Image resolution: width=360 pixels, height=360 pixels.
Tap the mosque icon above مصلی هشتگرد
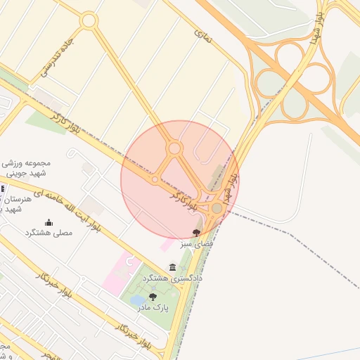(x=49, y=222)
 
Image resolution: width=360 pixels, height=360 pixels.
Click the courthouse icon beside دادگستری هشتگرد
(x=173, y=267)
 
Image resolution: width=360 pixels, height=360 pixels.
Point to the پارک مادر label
(x=162, y=307)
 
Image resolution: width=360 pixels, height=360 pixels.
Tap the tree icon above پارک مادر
(x=153, y=297)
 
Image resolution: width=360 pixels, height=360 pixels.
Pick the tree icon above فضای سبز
(x=196, y=232)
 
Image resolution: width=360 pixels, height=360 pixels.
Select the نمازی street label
(x=202, y=32)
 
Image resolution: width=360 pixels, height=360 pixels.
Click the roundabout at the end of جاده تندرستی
(x=88, y=21)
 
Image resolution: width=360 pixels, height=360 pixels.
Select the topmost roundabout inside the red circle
(x=174, y=148)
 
